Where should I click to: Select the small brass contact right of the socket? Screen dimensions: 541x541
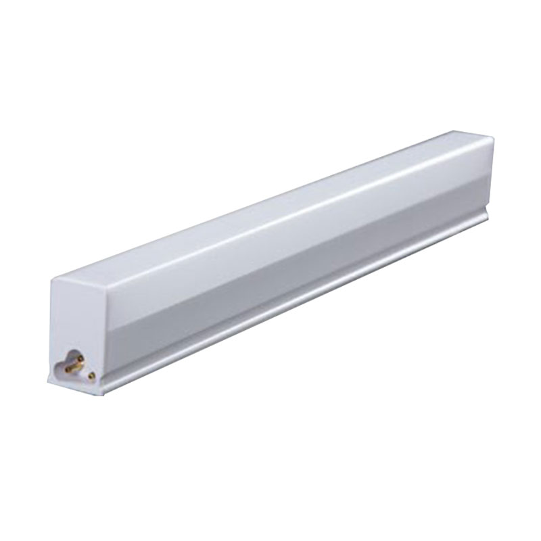[x=91, y=377]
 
